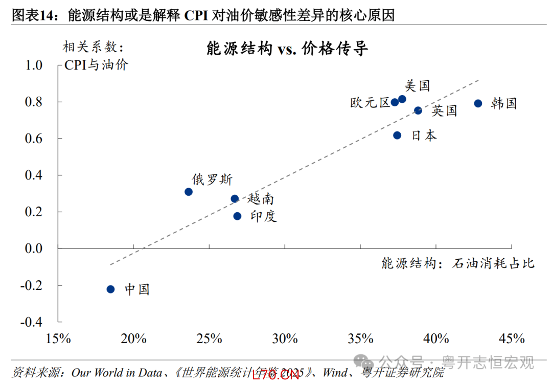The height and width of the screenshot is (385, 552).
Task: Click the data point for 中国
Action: [110, 289]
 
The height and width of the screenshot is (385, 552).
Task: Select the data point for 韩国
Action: [478, 103]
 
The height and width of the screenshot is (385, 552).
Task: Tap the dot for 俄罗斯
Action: [189, 192]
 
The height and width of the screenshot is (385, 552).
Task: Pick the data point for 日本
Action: [397, 135]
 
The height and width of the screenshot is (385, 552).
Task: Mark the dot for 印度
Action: [237, 216]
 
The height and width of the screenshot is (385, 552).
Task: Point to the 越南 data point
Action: [235, 198]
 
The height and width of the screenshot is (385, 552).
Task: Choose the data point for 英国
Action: [418, 110]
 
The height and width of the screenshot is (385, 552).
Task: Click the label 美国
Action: [417, 85]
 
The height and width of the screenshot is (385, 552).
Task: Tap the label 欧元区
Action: [370, 103]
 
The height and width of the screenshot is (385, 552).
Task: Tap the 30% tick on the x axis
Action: [285, 338]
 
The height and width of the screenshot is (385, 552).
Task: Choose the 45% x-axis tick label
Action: [512, 338]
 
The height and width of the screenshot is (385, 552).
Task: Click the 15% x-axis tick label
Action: [58, 338]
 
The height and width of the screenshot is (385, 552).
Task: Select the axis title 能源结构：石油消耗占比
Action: [457, 263]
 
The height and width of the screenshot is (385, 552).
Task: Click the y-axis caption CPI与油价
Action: [96, 65]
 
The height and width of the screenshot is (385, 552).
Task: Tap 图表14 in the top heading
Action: [32, 16]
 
